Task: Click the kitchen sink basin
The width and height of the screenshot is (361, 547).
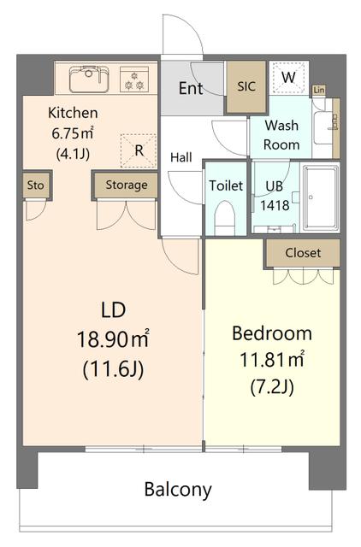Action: click(x=89, y=79)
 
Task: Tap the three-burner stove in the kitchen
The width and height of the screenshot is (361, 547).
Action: click(x=134, y=79)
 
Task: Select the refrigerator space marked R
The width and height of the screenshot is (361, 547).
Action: click(x=139, y=150)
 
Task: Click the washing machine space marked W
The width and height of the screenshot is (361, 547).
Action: click(x=289, y=78)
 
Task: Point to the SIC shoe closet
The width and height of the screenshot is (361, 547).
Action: click(x=246, y=86)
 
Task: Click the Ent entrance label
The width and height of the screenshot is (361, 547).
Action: click(x=191, y=88)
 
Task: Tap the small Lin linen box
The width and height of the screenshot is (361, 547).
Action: click(x=319, y=90)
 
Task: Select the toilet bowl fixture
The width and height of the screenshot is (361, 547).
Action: click(x=224, y=218)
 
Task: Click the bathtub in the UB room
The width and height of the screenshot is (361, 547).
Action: click(x=321, y=198)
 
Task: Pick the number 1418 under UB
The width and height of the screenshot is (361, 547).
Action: click(x=275, y=205)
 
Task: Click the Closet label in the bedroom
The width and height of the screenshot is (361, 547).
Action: click(x=303, y=253)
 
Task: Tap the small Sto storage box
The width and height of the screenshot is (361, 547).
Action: click(x=36, y=185)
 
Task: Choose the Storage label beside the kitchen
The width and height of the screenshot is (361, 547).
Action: click(x=127, y=185)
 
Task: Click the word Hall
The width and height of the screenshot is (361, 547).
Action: click(x=181, y=157)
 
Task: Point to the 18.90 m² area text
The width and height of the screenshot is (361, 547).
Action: click(x=113, y=338)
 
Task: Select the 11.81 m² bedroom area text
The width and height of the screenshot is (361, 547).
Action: click(x=272, y=359)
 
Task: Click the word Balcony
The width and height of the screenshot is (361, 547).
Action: click(x=178, y=490)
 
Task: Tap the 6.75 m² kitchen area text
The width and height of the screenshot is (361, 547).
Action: click(x=73, y=133)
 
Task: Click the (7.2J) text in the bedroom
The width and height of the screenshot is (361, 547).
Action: click(x=272, y=386)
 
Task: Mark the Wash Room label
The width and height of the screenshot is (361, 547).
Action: click(x=281, y=135)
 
